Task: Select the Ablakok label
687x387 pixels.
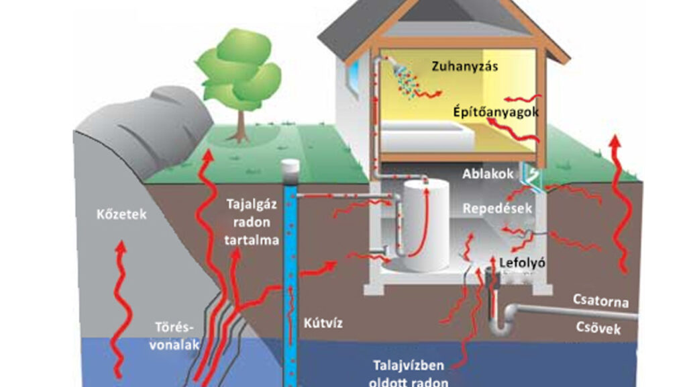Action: click(x=488, y=174)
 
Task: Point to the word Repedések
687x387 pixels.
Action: click(x=498, y=209)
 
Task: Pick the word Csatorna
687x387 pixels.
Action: click(x=601, y=300)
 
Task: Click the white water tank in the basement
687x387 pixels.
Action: click(x=424, y=226)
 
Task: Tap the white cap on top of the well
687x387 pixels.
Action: click(x=290, y=167)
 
